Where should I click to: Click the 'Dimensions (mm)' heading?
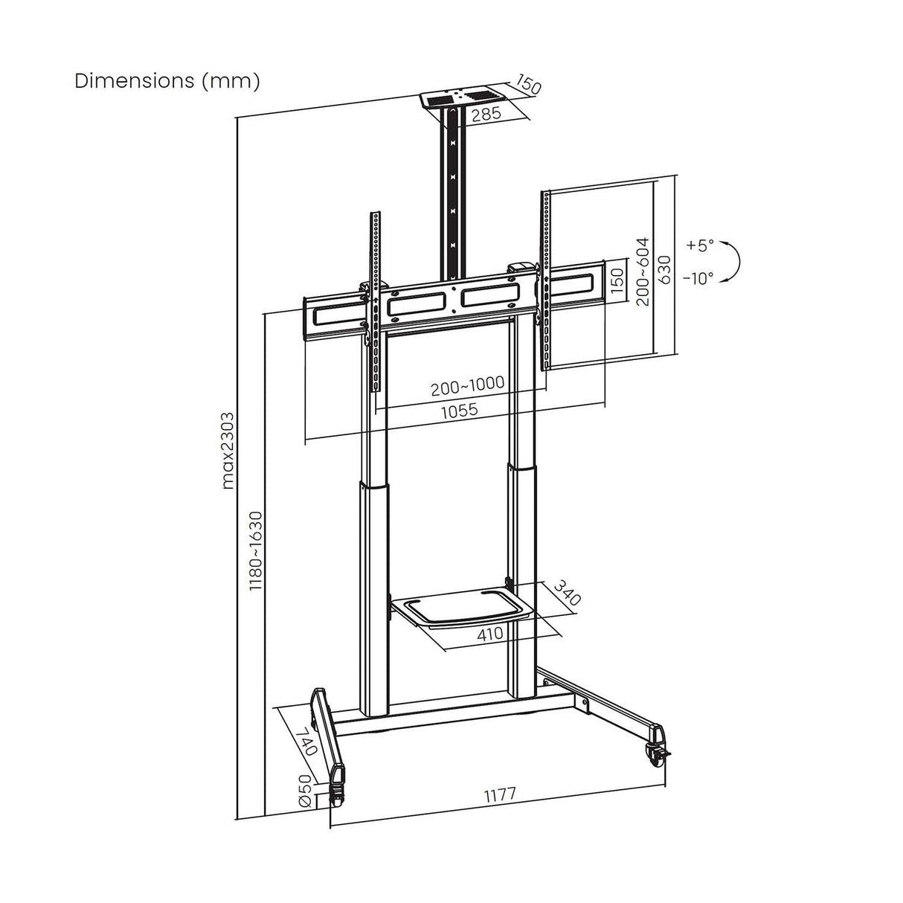[167, 81]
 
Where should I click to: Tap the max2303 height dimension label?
[228, 450]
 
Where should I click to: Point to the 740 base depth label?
[306, 741]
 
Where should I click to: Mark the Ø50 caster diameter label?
[304, 791]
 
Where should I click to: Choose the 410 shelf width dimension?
[491, 633]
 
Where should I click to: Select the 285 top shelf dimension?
[484, 114]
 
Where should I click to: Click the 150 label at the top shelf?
[528, 84]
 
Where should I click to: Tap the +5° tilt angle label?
[699, 245]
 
